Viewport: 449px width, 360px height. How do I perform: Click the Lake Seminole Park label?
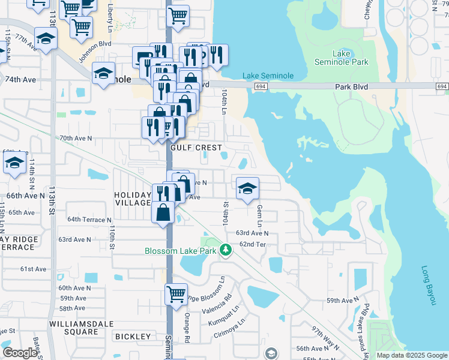[342, 58]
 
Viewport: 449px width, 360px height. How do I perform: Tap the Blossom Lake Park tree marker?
[226, 248]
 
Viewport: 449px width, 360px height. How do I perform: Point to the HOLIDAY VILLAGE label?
[133, 199]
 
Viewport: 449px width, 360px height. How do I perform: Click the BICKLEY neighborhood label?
[131, 337]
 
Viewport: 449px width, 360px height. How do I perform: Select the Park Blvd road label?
[351, 87]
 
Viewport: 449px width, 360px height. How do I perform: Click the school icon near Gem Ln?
[247, 189]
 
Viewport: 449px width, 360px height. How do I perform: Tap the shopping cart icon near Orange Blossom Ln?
[176, 294]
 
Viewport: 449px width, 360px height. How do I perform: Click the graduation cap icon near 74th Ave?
[104, 74]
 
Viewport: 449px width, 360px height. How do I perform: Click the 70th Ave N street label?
[76, 138]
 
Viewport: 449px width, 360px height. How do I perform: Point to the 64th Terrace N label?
[89, 220]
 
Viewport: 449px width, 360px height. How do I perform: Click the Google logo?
[20, 353]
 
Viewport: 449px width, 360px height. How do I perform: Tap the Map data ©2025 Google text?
[411, 355]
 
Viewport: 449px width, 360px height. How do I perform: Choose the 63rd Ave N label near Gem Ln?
[252, 233]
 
